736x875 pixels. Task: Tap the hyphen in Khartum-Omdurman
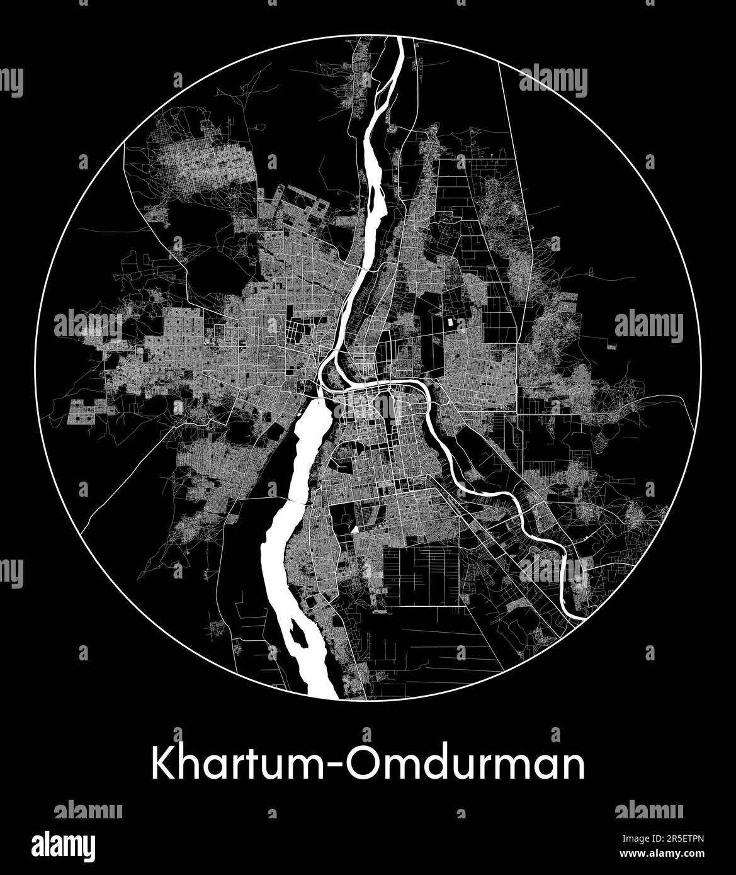[x=329, y=766]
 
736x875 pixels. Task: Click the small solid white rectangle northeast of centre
[x=450, y=322]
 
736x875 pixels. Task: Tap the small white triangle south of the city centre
[x=356, y=529]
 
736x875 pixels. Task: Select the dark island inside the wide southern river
[x=298, y=636]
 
